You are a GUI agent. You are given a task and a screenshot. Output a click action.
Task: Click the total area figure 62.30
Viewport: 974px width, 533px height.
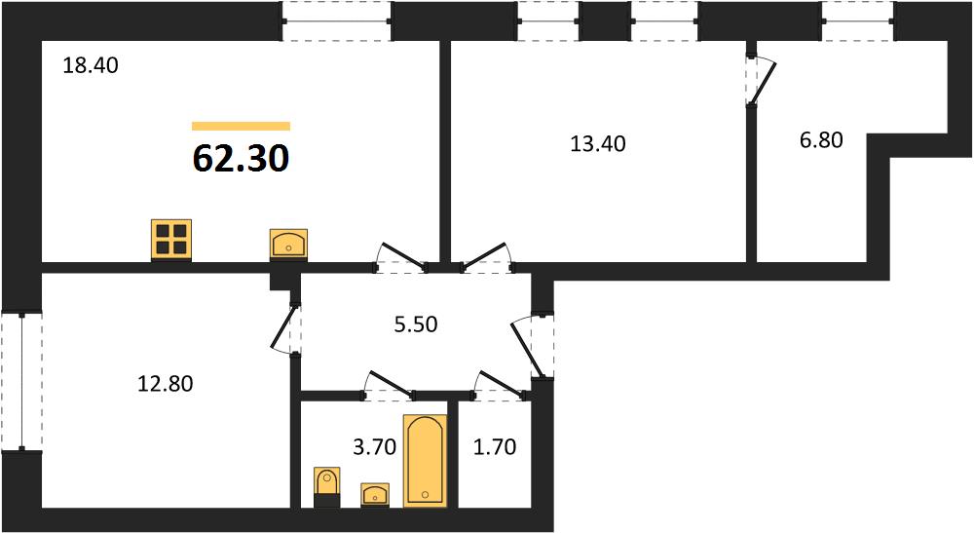pyautogui.click(x=241, y=159)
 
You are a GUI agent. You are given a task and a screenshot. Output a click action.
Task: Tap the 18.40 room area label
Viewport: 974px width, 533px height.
pyautogui.click(x=91, y=65)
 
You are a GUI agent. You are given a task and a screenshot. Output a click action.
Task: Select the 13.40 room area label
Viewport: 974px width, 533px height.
pyautogui.click(x=598, y=144)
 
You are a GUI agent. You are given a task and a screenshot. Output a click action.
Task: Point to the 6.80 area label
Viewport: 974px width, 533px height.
pyautogui.click(x=821, y=140)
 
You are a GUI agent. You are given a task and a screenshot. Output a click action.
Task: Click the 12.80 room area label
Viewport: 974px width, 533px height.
pyautogui.click(x=166, y=384)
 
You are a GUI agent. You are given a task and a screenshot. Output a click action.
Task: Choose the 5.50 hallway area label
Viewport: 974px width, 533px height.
pyautogui.click(x=416, y=324)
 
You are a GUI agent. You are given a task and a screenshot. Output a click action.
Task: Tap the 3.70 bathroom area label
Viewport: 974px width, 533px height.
pyautogui.click(x=375, y=446)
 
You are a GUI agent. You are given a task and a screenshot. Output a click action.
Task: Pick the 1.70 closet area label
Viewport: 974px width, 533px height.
pyautogui.click(x=495, y=446)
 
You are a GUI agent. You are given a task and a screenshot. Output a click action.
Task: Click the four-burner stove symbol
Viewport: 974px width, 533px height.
pyautogui.click(x=171, y=240)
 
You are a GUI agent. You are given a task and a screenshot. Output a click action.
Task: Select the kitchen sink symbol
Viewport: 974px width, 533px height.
pyautogui.click(x=289, y=245)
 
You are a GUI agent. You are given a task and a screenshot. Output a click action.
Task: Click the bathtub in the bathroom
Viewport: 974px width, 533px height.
pyautogui.click(x=426, y=460)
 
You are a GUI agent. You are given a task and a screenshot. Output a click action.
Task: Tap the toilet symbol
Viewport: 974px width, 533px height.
pyautogui.click(x=326, y=487)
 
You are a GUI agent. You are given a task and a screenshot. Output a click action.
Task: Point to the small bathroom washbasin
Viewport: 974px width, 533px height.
pyautogui.click(x=375, y=495)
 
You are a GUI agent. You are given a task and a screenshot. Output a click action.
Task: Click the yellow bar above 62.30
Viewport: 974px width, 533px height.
pyautogui.click(x=241, y=126)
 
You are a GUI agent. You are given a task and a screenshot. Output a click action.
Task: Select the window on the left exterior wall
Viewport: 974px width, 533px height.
pyautogui.click(x=21, y=381)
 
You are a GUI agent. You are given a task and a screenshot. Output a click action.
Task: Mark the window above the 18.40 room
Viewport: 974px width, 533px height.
pyautogui.click(x=337, y=21)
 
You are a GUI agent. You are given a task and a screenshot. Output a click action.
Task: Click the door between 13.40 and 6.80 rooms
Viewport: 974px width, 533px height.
pyautogui.click(x=761, y=82)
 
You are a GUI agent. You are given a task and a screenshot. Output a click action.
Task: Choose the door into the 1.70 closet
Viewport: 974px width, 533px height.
pyautogui.click(x=501, y=384)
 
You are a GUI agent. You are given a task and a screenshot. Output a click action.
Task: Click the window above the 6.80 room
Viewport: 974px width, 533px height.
pyautogui.click(x=858, y=21)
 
